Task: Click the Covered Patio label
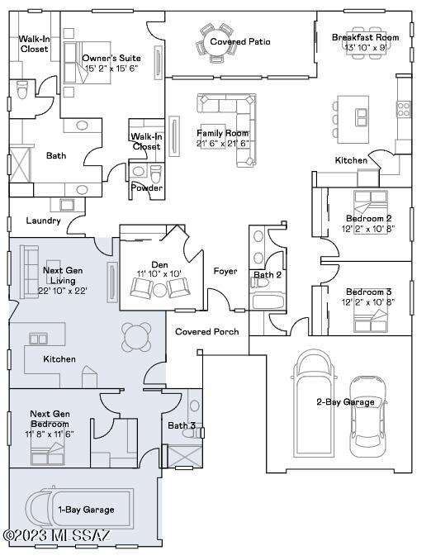coord(240,42)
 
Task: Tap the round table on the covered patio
coord(215,42)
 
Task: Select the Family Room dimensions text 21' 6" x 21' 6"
coord(222,143)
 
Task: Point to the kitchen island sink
coord(361,117)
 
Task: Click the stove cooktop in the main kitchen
coord(404,109)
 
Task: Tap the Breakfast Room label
coord(365,37)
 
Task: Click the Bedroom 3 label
coord(368,292)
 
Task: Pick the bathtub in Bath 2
coord(268,301)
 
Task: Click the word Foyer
coord(225,272)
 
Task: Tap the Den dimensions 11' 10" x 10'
coord(159,274)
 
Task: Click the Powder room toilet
coord(156,173)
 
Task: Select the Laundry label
coord(43,221)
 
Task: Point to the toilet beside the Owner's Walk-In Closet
coord(22,90)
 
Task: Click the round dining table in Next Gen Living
coord(136,337)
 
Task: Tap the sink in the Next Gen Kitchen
coord(38,339)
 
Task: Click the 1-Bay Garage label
coord(87,510)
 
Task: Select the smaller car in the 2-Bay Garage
coord(367,416)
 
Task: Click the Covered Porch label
coord(207,332)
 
